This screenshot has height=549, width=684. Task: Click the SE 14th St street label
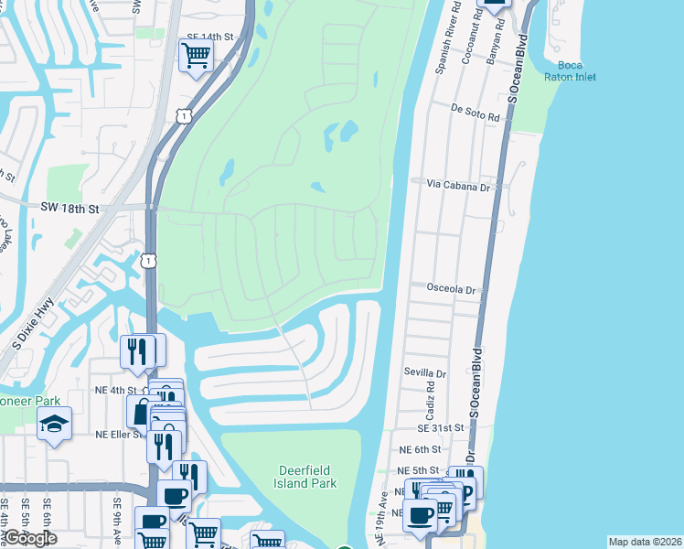coord(210,37)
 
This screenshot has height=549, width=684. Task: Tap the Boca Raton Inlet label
coord(570,70)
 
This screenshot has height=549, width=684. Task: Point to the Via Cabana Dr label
coord(459,185)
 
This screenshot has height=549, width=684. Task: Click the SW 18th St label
coord(69,209)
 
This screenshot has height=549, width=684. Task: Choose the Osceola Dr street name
coord(452,289)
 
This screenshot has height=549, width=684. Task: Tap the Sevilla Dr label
coord(424,373)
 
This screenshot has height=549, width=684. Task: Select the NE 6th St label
coord(420,450)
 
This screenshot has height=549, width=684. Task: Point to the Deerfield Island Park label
coord(307,477)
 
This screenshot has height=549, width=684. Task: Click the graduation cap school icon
coord(54,424)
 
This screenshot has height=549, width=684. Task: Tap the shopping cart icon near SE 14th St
coord(197,56)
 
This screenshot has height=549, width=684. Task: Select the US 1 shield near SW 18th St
coord(148,261)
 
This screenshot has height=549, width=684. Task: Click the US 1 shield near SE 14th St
coord(184,116)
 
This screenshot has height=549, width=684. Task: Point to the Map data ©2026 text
coord(645,542)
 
